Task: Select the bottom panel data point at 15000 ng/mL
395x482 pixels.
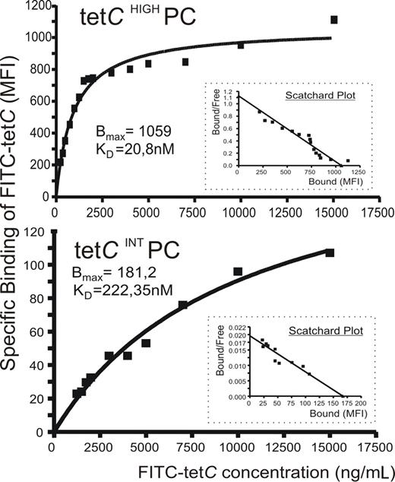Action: pos(330,253)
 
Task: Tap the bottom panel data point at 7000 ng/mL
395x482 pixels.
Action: pos(183,305)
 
